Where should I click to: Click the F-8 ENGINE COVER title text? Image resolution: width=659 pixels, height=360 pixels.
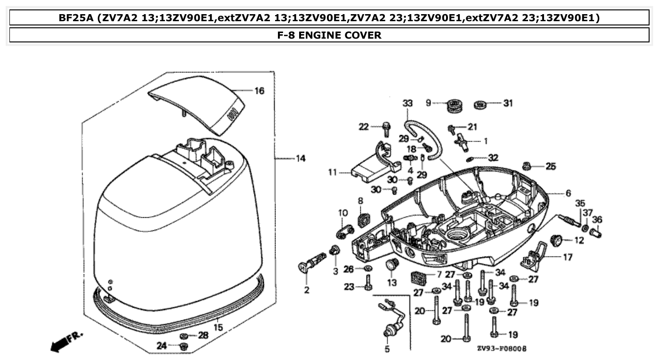pyautogui.click(x=329, y=35)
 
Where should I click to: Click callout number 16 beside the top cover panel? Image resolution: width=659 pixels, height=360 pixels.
pyautogui.click(x=260, y=91)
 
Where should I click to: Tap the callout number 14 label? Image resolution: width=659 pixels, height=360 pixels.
pyautogui.click(x=300, y=158)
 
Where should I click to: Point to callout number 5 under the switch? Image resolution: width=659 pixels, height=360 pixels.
pyautogui.click(x=387, y=350)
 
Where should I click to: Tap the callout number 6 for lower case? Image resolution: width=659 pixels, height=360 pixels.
pyautogui.click(x=568, y=193)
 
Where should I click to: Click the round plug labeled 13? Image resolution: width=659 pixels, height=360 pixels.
pyautogui.click(x=391, y=265)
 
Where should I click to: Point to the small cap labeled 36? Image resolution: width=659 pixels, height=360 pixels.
pyautogui.click(x=597, y=232)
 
